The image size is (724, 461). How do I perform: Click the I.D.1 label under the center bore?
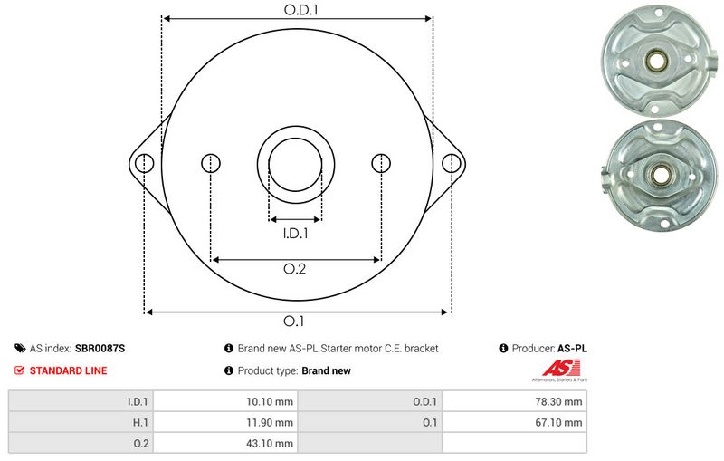click(x=295, y=234)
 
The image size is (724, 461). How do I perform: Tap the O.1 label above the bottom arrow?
click(x=295, y=321)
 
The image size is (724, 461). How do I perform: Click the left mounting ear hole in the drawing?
click(x=144, y=163)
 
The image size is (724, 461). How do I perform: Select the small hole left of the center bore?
click(x=210, y=163)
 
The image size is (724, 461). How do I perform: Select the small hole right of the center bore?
click(x=382, y=163)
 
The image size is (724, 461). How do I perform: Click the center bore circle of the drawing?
click(x=296, y=164)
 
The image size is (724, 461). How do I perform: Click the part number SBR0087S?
click(x=100, y=348)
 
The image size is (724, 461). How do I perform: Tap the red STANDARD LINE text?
click(x=68, y=370)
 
